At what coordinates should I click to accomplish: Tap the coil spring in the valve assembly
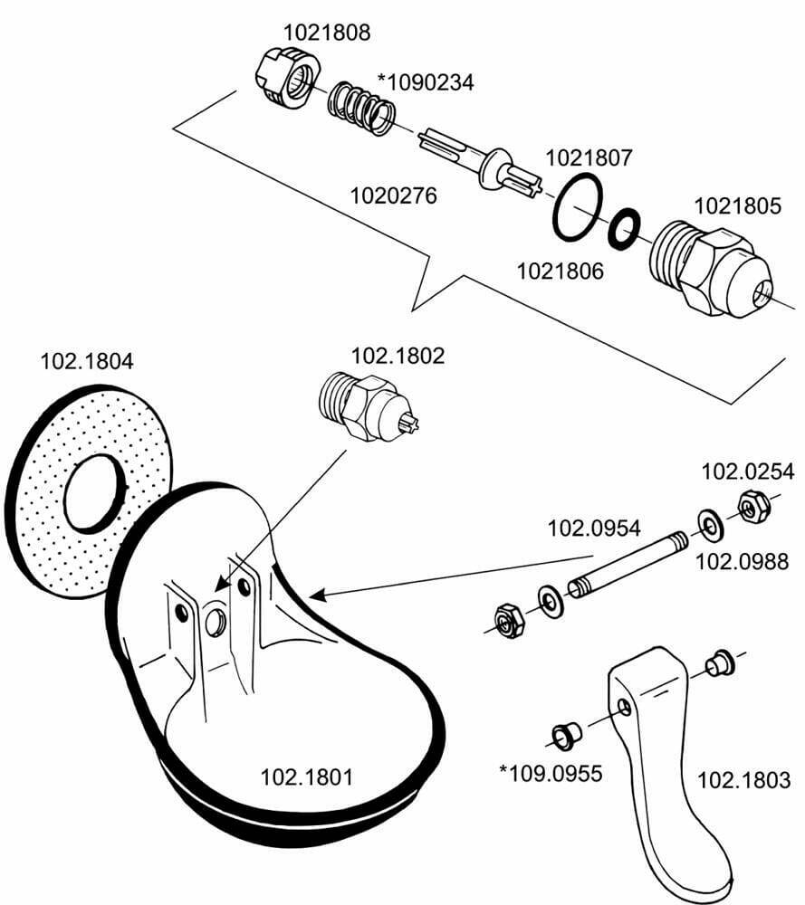pos(361,109)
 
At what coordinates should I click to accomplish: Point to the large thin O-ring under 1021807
pos(577,209)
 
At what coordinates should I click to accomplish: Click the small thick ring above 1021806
pos(623,229)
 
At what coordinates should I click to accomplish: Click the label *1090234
pos(430,82)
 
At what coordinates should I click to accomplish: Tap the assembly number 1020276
pos(393,195)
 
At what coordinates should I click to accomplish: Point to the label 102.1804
pos(87,361)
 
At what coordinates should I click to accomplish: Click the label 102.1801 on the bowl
pos(306,776)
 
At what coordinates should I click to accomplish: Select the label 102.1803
pos(745,779)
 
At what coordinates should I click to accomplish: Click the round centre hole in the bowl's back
pos(216,621)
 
